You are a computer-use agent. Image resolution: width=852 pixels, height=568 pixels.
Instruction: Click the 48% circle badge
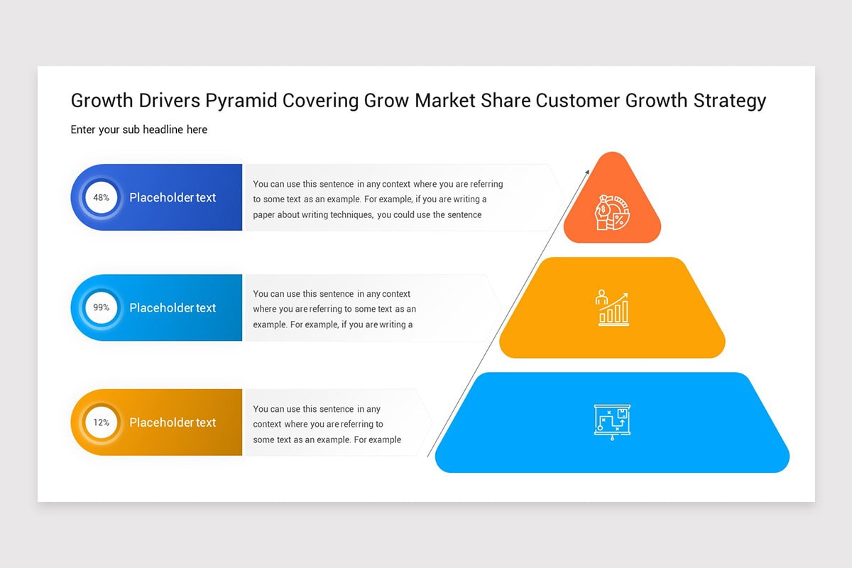102,197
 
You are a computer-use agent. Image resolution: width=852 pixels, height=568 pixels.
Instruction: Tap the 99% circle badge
102,307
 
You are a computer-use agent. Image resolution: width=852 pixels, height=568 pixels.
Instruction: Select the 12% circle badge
102,422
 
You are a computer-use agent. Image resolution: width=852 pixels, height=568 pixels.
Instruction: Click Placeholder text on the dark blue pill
173,197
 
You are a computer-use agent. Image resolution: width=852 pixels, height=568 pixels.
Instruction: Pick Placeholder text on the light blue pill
173,307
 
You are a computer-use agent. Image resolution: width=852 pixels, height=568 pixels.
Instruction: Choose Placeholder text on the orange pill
173,422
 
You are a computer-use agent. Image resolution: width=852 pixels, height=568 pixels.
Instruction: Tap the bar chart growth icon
612,308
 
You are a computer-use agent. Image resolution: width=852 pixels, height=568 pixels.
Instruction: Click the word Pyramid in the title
241,101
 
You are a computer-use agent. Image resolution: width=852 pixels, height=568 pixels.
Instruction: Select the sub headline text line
139,130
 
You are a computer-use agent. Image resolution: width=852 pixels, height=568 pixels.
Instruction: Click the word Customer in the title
578,101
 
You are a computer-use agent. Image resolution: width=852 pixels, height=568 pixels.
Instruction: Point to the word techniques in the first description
351,215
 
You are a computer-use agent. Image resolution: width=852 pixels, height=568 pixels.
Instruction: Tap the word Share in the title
505,101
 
